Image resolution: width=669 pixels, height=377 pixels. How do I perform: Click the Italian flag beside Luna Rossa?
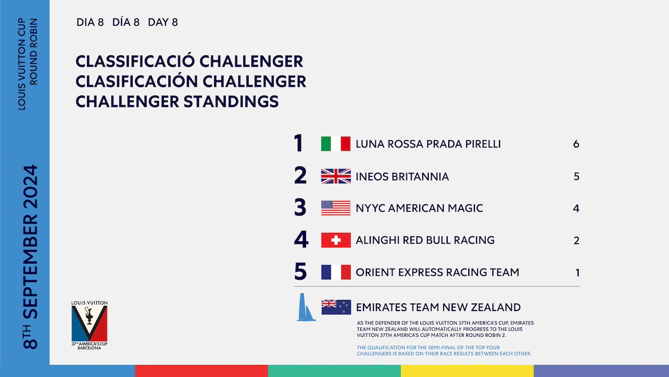tap(336, 144)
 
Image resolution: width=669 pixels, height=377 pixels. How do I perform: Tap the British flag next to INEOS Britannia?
tap(336, 176)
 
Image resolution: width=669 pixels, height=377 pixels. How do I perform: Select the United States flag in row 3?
tap(336, 208)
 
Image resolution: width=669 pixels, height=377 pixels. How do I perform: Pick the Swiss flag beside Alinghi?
tap(336, 240)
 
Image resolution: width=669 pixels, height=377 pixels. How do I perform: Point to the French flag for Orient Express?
tap(336, 272)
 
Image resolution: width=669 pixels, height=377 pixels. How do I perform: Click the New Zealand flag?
tap(336, 307)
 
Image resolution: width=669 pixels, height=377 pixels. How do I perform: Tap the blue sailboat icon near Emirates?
tap(306, 307)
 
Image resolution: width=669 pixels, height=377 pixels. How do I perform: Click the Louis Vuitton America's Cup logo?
tap(89, 325)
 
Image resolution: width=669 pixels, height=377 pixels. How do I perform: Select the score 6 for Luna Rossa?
tap(576, 144)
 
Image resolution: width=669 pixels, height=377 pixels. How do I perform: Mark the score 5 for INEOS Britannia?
tap(576, 176)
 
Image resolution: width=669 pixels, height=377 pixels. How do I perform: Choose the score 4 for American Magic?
tap(576, 208)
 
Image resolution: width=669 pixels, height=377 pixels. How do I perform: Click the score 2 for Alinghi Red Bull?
tap(576, 240)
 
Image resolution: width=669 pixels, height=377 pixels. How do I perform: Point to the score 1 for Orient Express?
tap(578, 273)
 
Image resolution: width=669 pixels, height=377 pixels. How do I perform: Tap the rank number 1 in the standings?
tap(298, 144)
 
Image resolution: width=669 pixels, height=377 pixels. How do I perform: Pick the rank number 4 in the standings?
tap(301, 240)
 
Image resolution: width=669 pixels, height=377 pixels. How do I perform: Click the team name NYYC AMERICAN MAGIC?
tap(419, 208)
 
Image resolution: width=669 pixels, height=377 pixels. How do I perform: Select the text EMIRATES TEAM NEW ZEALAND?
tap(438, 307)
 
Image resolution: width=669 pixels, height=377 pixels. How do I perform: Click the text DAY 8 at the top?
tap(163, 22)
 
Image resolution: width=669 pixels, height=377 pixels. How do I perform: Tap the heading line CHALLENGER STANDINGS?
tap(177, 102)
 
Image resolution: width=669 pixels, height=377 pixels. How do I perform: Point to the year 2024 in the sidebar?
tap(30, 187)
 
